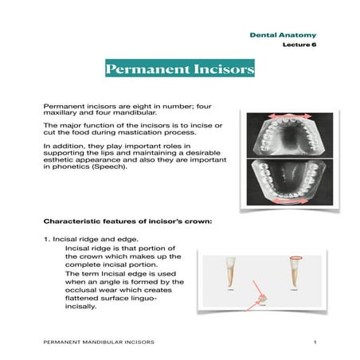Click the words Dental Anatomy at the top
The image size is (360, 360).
[283, 35]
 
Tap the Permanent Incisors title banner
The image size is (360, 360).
[180, 70]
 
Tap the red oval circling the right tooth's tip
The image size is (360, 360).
[297, 259]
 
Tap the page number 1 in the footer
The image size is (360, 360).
[315, 342]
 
